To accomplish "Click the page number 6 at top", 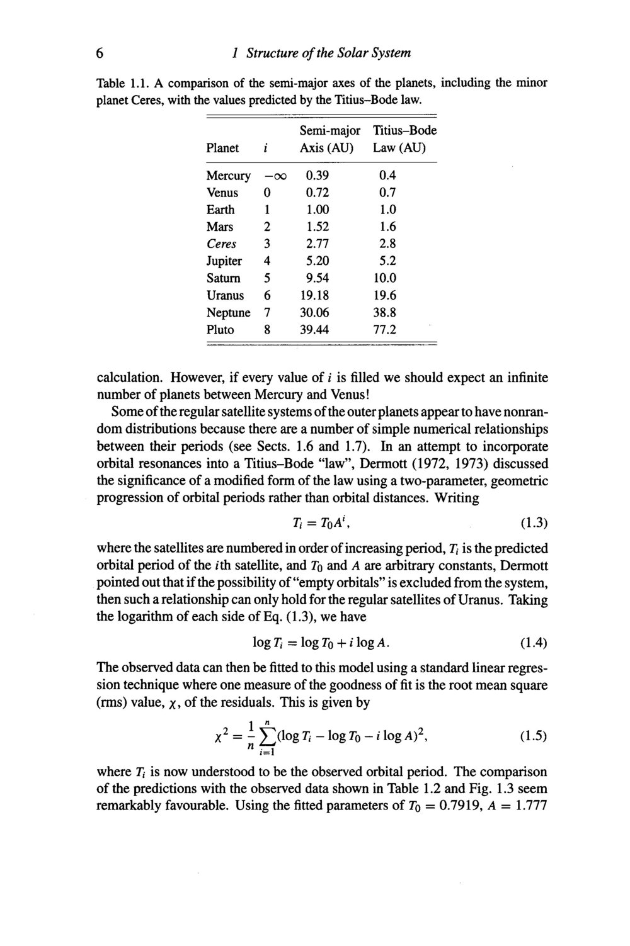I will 100,53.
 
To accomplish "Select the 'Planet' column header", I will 222,148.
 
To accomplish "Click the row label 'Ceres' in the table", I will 222,244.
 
